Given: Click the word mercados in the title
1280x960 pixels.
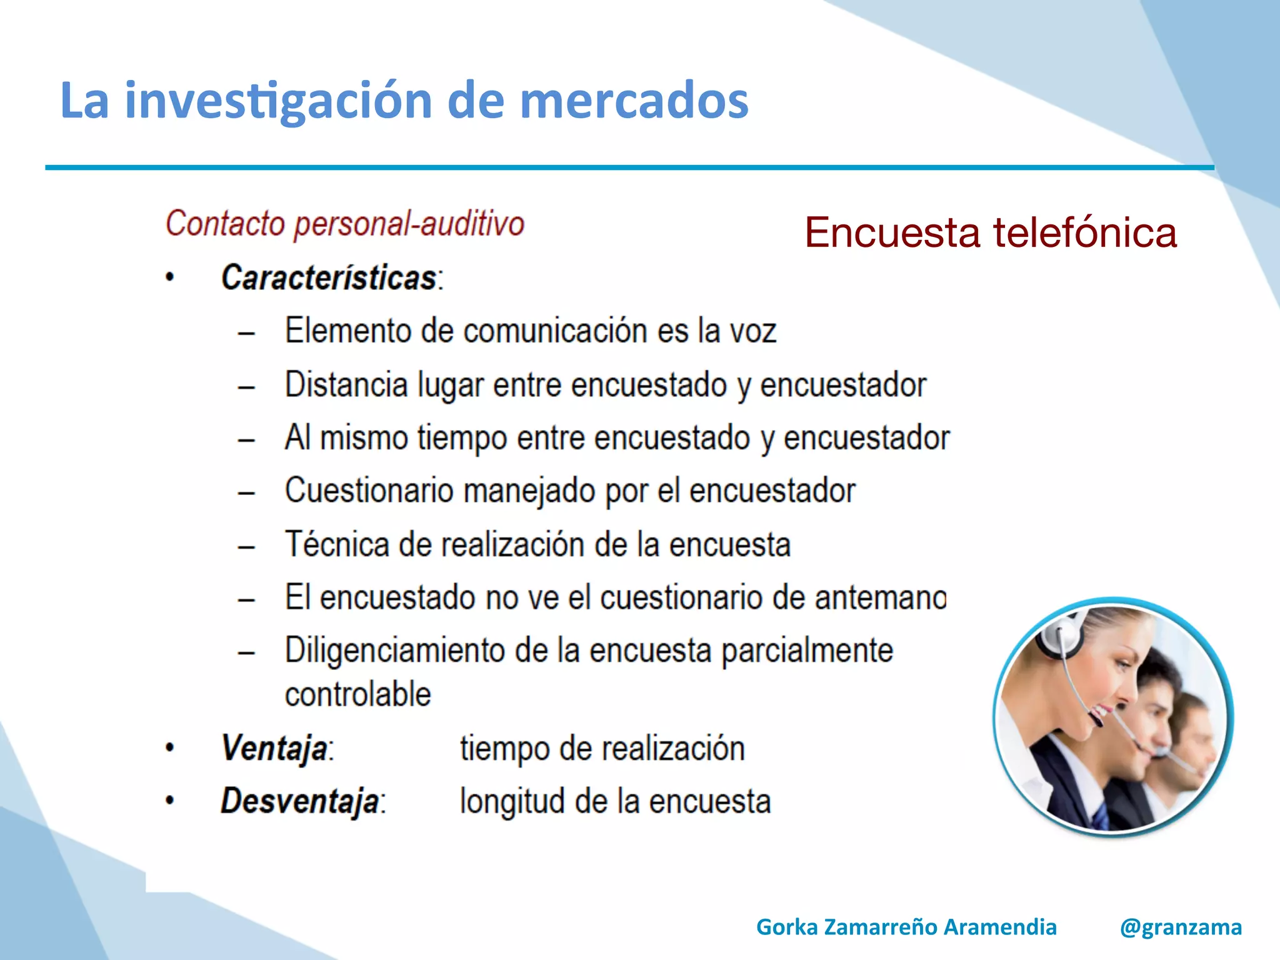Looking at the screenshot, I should pyautogui.click(x=634, y=100).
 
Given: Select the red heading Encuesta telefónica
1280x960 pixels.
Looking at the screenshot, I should pyautogui.click(x=990, y=232).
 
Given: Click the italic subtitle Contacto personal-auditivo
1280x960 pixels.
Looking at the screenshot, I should pyautogui.click(x=344, y=224).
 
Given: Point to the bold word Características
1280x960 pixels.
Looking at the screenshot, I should pyautogui.click(x=329, y=277).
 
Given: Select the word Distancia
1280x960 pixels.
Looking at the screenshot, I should pyautogui.click(x=346, y=384).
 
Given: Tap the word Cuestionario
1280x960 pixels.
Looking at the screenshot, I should pyautogui.click(x=369, y=491).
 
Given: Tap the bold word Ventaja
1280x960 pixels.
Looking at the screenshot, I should pyautogui.click(x=274, y=748).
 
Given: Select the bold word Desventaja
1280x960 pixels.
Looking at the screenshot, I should pyautogui.click(x=300, y=801).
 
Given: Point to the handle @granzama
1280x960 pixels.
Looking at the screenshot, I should pyautogui.click(x=1181, y=927).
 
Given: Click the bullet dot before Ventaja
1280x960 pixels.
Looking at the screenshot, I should pyautogui.click(x=169, y=747).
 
